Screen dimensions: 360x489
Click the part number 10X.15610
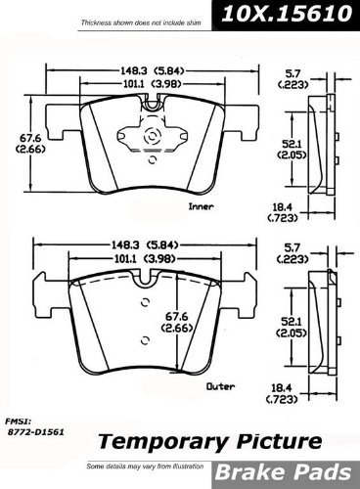tap(287, 14)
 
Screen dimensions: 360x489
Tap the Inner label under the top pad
tap(202, 206)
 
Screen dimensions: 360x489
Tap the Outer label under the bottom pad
tap(220, 386)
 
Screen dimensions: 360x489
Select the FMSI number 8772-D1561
tap(35, 432)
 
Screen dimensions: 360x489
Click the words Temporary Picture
tap(210, 442)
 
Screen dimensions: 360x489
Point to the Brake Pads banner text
tap(284, 473)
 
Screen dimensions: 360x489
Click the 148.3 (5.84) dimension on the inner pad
tap(153, 70)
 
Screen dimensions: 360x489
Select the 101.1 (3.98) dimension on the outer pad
tap(145, 259)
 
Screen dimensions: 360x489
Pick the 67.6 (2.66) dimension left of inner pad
tap(30, 144)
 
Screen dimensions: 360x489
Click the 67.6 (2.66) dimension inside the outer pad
tap(176, 322)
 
